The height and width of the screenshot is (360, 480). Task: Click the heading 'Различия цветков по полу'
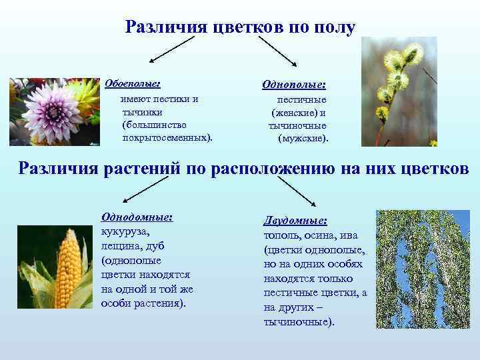coord(240,27)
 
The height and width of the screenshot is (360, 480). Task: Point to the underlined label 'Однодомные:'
coord(137,217)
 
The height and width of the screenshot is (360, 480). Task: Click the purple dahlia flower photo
coord(53,111)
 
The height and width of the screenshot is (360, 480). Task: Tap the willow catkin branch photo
coord(399,91)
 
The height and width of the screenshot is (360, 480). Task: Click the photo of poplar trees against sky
coord(423,269)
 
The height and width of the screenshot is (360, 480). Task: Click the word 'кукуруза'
coord(125,231)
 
